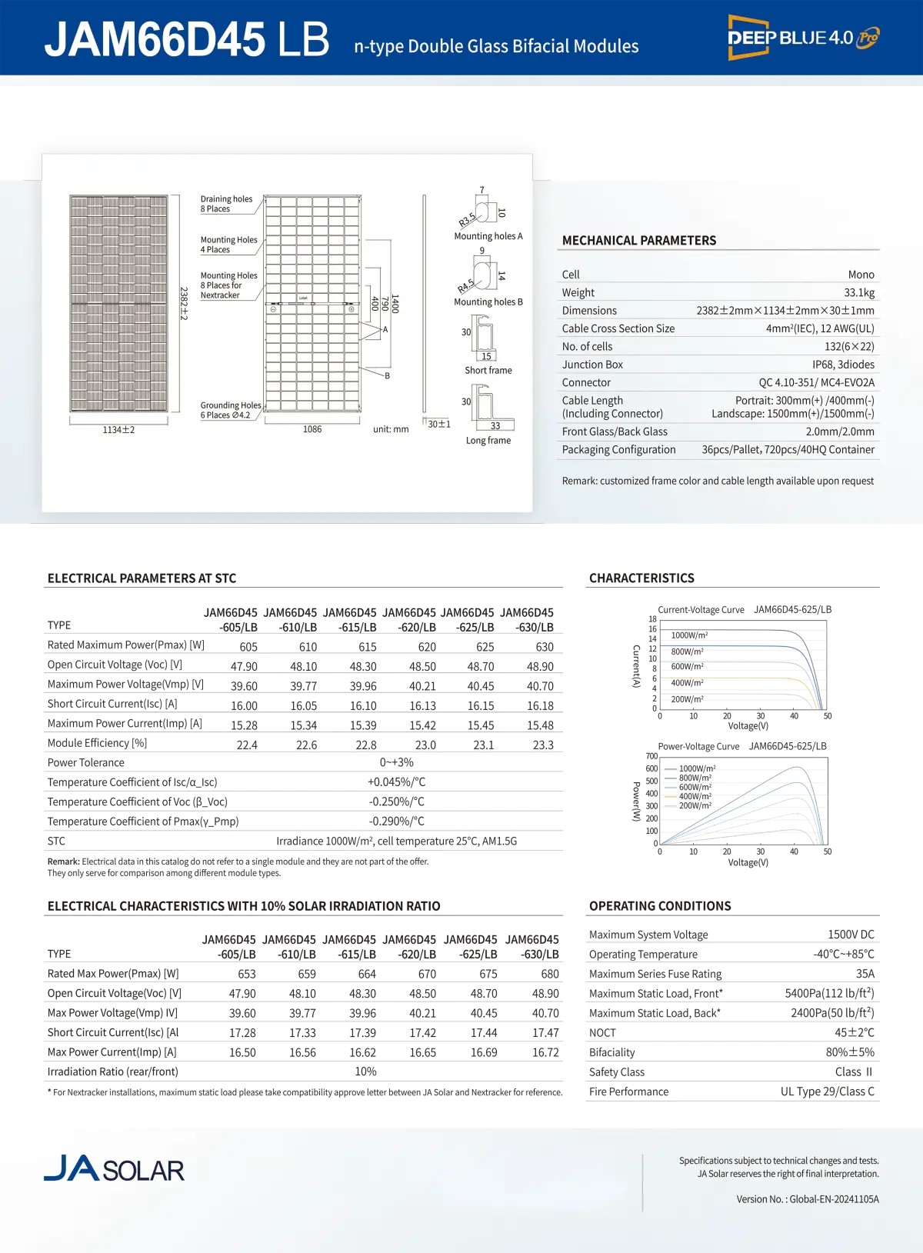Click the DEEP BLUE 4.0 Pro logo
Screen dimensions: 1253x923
pyautogui.click(x=803, y=37)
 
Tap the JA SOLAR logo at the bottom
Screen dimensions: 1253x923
pyautogui.click(x=114, y=1168)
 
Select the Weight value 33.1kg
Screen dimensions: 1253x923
pyautogui.click(x=858, y=292)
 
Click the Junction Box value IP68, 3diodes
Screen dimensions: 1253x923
pyautogui.click(x=843, y=365)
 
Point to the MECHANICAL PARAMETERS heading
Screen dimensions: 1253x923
pyautogui.click(x=638, y=241)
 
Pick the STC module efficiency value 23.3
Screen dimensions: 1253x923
pyautogui.click(x=543, y=745)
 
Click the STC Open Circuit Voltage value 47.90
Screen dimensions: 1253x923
pyautogui.click(x=244, y=667)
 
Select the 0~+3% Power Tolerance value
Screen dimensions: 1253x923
pyautogui.click(x=396, y=762)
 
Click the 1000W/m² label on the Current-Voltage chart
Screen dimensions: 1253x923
pyautogui.click(x=689, y=635)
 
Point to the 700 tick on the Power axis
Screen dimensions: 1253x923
pyautogui.click(x=651, y=756)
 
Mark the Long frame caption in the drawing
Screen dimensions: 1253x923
pyautogui.click(x=488, y=441)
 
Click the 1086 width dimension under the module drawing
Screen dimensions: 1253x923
pyautogui.click(x=312, y=429)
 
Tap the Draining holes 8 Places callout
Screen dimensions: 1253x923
pyautogui.click(x=226, y=204)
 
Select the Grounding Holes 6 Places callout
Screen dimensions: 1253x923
pyautogui.click(x=230, y=410)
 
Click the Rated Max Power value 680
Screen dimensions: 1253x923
pyautogui.click(x=549, y=974)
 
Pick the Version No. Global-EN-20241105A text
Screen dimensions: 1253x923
pyautogui.click(x=807, y=1199)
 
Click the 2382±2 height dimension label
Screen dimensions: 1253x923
pyautogui.click(x=184, y=304)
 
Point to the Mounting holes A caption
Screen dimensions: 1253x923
pyautogui.click(x=488, y=236)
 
